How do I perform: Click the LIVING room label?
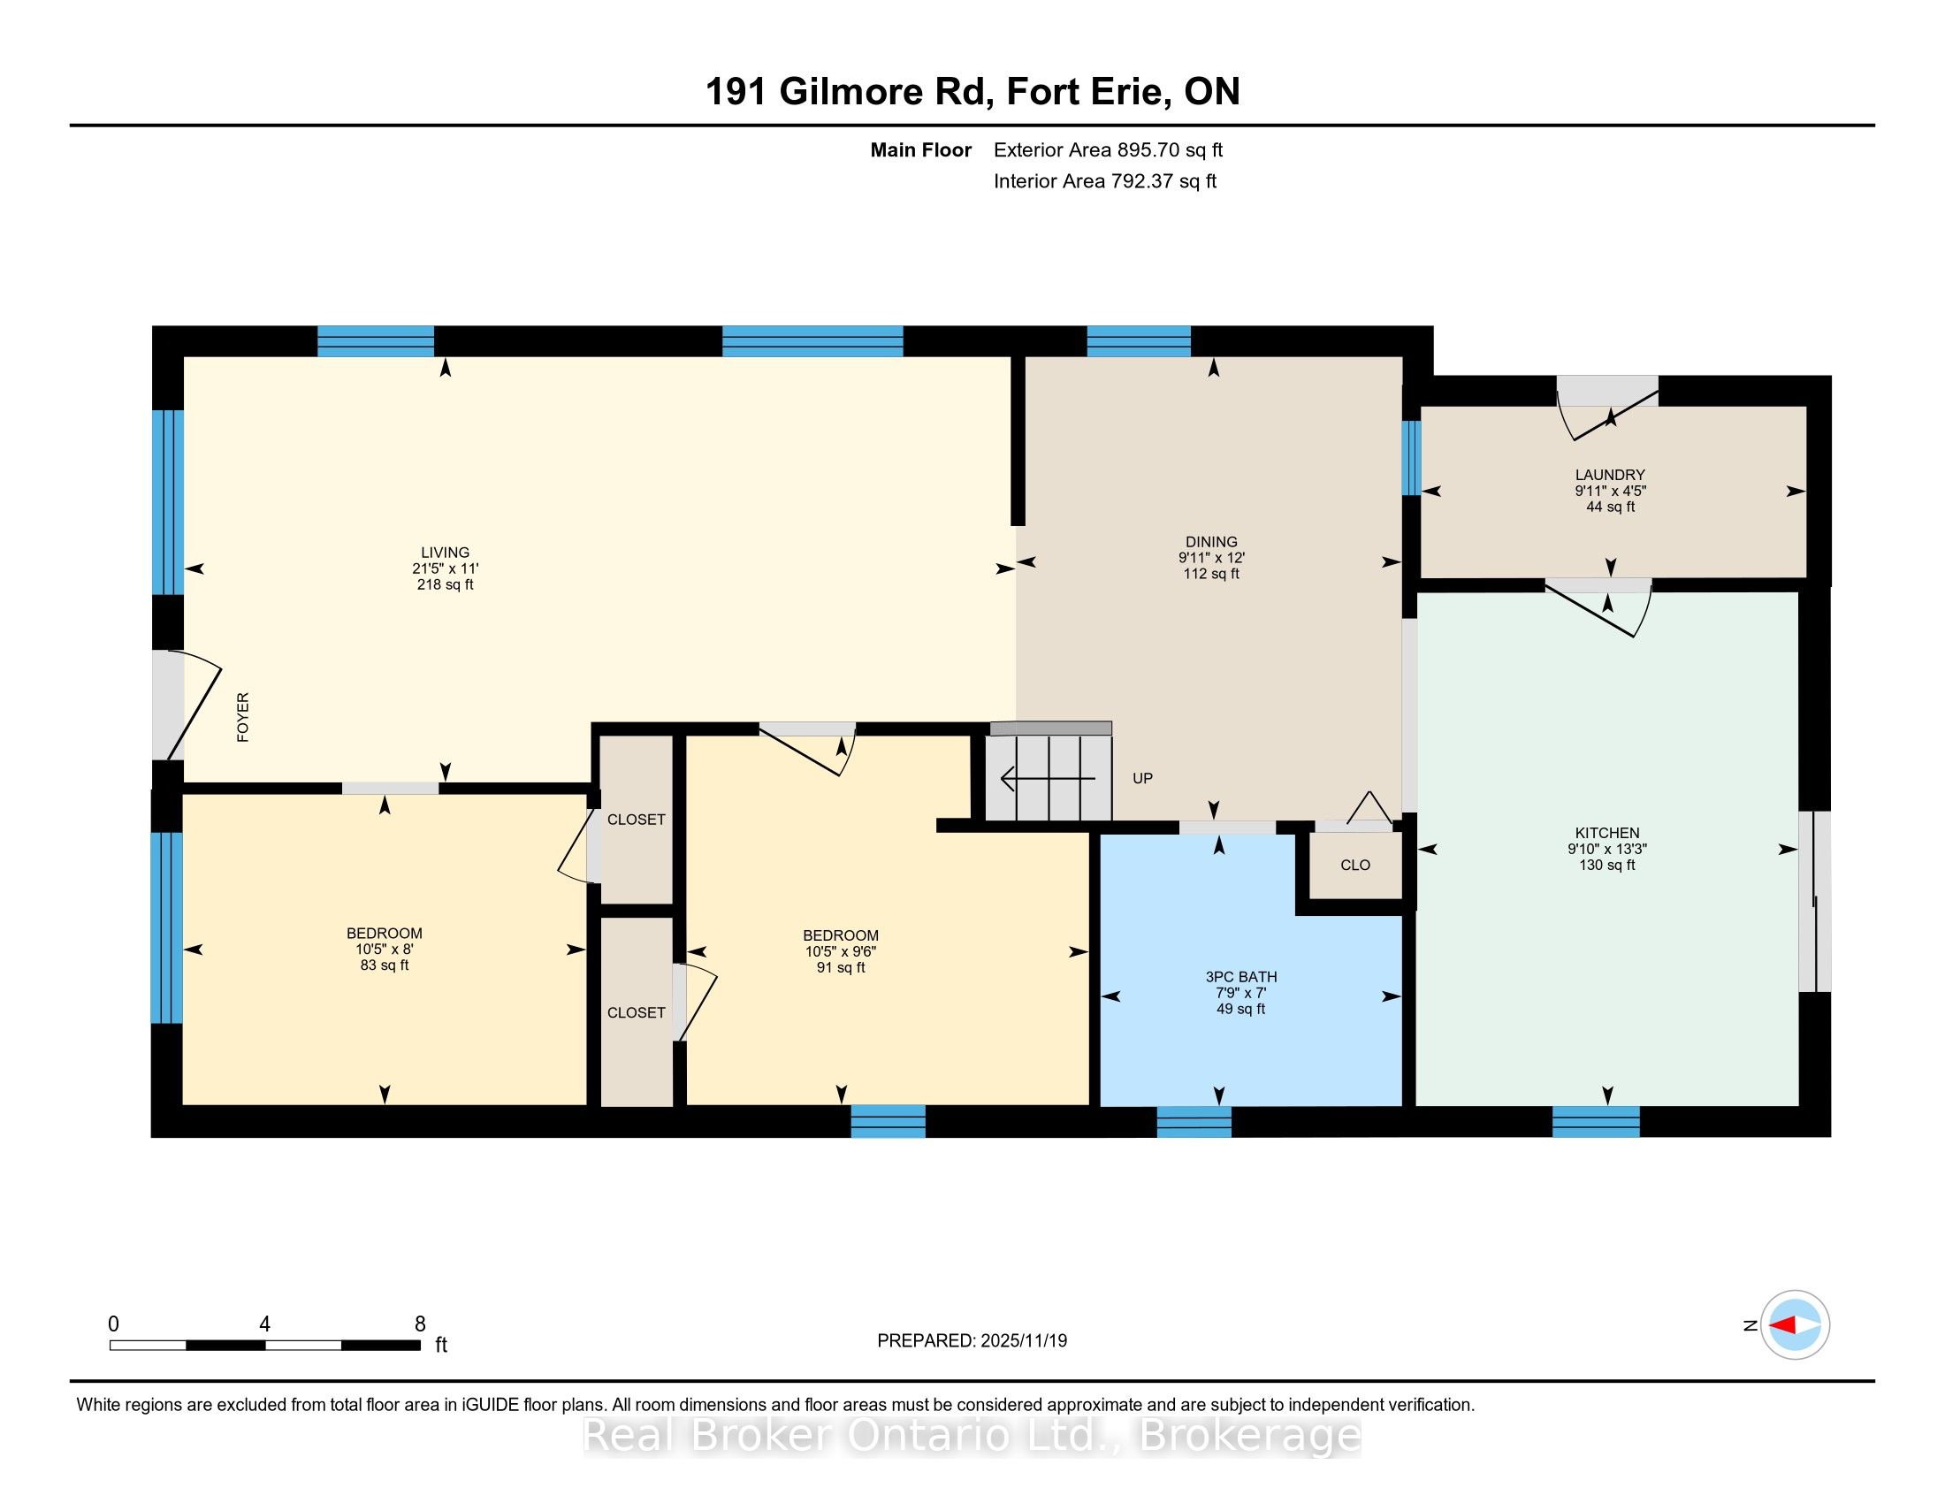click(446, 552)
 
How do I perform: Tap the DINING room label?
click(1211, 541)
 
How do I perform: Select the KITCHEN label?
click(1606, 833)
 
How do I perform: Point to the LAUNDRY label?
click(1610, 475)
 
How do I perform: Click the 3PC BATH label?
click(1240, 977)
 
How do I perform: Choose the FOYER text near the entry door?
click(243, 717)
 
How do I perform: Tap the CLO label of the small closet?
click(1355, 865)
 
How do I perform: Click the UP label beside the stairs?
click(1142, 778)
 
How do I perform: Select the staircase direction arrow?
click(1049, 779)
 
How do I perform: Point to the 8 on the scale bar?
click(420, 1324)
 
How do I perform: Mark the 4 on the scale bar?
click(264, 1324)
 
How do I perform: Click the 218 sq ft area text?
click(446, 585)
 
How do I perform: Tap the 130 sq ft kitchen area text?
click(1606, 865)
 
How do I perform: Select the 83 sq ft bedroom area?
click(385, 965)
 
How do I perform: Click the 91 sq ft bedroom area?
click(841, 967)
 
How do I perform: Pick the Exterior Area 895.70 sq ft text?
click(1108, 149)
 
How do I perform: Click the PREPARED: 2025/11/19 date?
click(972, 1341)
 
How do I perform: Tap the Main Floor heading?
click(921, 149)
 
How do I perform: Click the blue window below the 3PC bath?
click(1194, 1122)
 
